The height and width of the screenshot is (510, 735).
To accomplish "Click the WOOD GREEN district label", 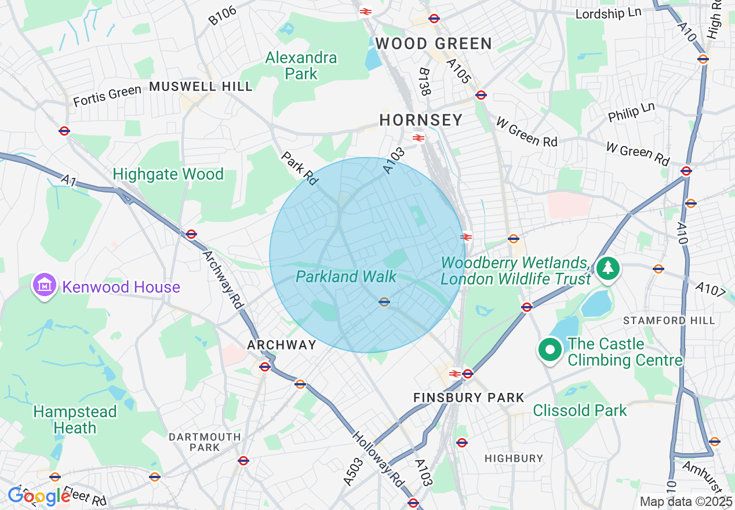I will (x=434, y=43).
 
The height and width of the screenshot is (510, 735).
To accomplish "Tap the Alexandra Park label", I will (x=301, y=66).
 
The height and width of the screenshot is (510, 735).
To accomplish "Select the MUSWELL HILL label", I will (x=201, y=86).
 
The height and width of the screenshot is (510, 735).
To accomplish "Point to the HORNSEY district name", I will (x=421, y=120).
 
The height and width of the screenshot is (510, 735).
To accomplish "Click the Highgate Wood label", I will (x=168, y=174).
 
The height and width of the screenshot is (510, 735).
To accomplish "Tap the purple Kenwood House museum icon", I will (x=45, y=286).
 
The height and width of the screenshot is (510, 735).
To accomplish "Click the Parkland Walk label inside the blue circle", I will (x=346, y=276).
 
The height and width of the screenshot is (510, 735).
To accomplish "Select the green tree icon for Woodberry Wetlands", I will (x=607, y=268).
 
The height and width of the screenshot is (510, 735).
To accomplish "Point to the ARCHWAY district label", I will (x=282, y=345).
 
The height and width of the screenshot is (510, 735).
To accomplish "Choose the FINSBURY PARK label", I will (x=468, y=398).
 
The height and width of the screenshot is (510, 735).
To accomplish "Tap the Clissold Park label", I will (x=580, y=411).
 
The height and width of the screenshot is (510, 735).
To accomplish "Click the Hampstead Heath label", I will (x=75, y=420).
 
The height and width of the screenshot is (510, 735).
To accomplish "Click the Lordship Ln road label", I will (x=608, y=13).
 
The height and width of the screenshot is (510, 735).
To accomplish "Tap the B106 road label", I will (x=223, y=15).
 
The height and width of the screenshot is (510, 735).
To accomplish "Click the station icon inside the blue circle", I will (x=384, y=301).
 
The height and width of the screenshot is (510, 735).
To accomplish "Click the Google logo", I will (x=39, y=496).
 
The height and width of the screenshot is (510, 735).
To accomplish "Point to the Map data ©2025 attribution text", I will (x=686, y=501).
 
